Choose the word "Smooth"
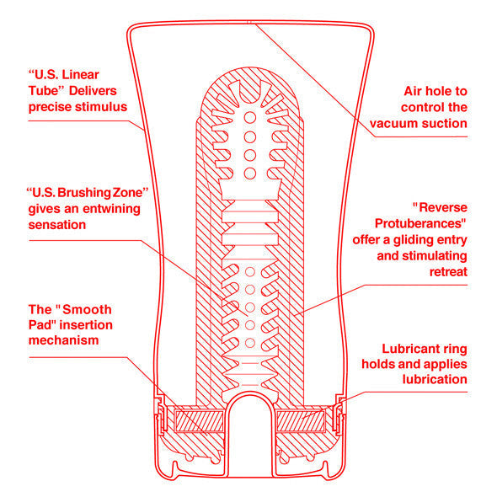pyautogui.click(x=85, y=309)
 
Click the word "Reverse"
pyautogui.click(x=440, y=207)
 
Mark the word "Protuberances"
pyautogui.click(x=423, y=223)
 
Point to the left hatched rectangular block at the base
pyautogui.click(x=195, y=418)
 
